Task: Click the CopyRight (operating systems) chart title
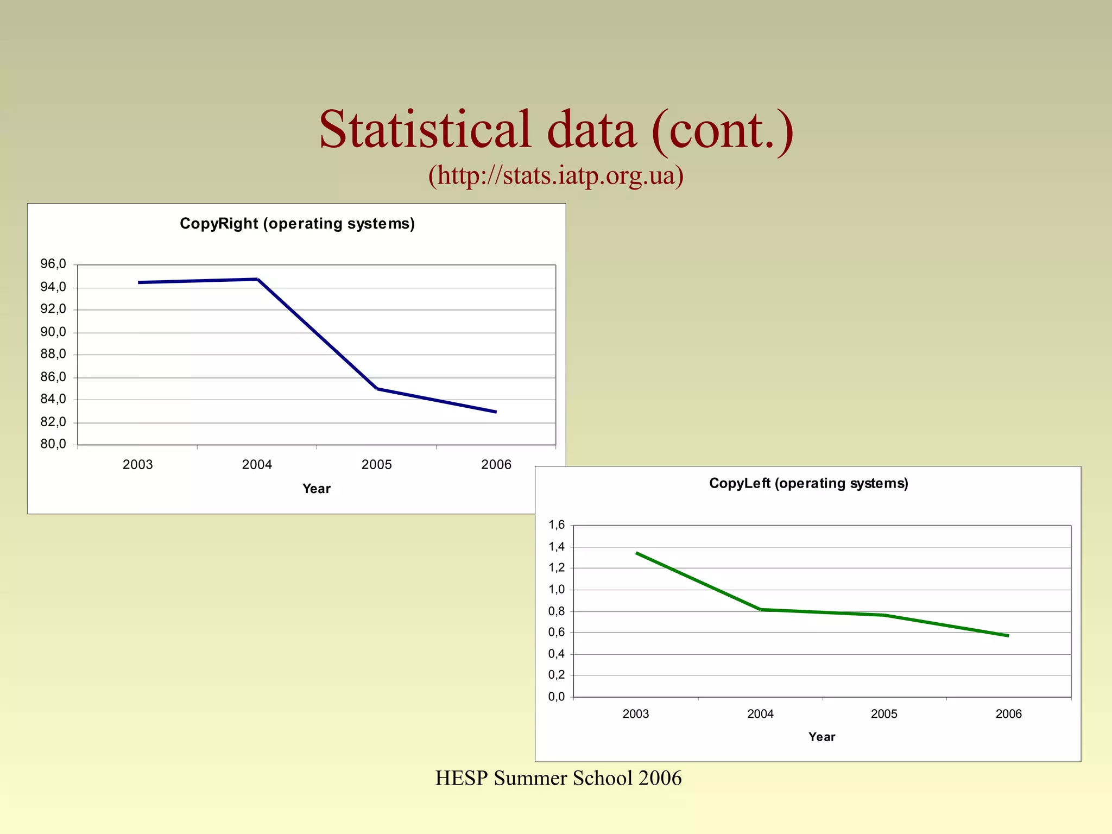click(297, 224)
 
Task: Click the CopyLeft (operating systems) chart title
click(808, 483)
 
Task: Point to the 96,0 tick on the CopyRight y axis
click(53, 264)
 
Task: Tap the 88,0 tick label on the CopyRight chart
click(53, 355)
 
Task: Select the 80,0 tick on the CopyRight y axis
click(53, 444)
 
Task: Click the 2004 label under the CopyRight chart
click(257, 465)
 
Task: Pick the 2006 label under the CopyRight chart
click(496, 465)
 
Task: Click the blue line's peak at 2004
click(257, 279)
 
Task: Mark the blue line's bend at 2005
click(377, 389)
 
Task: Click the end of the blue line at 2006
click(495, 412)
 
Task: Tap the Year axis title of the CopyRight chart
click(316, 489)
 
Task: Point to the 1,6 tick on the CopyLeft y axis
click(557, 525)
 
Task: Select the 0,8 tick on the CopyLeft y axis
click(557, 611)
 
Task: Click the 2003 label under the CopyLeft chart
click(635, 714)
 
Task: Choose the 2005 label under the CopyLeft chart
click(884, 714)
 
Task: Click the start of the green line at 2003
click(637, 553)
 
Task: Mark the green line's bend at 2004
click(761, 609)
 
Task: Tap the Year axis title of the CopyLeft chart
click(822, 737)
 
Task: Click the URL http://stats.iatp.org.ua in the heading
click(555, 175)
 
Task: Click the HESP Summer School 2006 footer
click(558, 778)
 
